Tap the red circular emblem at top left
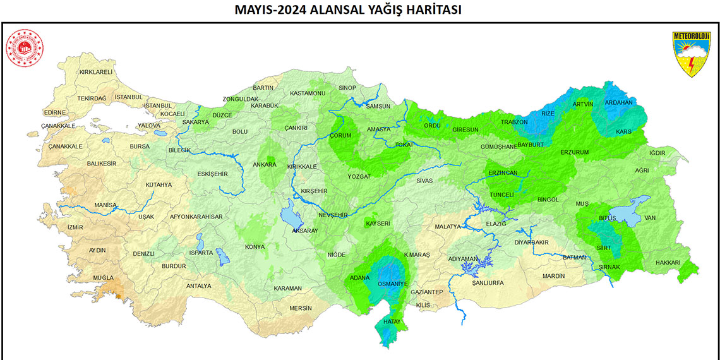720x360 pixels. tap(24, 49)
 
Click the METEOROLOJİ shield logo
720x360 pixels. tap(691, 55)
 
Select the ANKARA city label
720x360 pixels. tap(265, 165)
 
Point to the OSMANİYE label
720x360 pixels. tap(393, 284)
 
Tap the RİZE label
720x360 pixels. tap(548, 113)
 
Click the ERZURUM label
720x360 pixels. tap(574, 152)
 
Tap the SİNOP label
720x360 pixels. tap(347, 87)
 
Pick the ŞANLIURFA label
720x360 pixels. tap(488, 283)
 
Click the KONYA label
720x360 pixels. tap(255, 246)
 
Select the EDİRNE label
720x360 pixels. tap(55, 112)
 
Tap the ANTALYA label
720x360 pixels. tap(198, 285)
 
